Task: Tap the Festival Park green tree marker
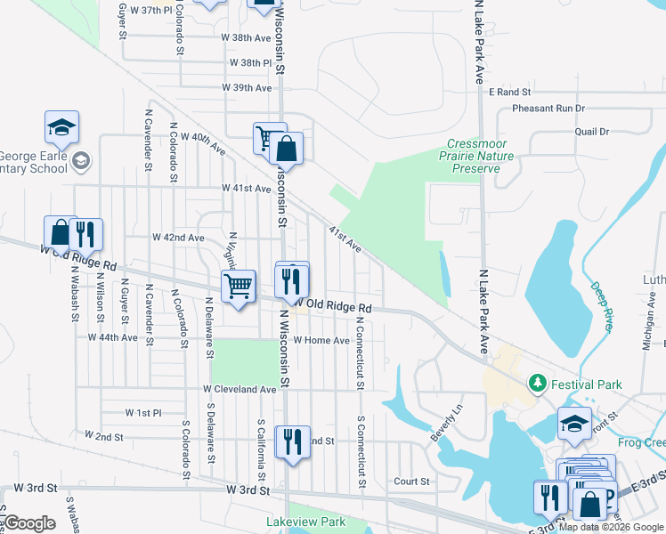[x=537, y=384]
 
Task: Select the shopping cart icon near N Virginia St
[x=238, y=287]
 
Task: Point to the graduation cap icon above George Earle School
[x=61, y=128]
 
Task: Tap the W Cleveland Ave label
[x=240, y=390]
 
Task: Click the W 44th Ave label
[x=113, y=338]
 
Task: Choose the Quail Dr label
[x=591, y=132]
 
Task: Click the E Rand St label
[x=509, y=92]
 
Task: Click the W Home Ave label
[x=321, y=340]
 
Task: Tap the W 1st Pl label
[x=142, y=413]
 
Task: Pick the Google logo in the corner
[x=28, y=523]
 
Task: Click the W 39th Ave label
[x=247, y=88]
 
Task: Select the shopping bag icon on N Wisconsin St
[x=287, y=149]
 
